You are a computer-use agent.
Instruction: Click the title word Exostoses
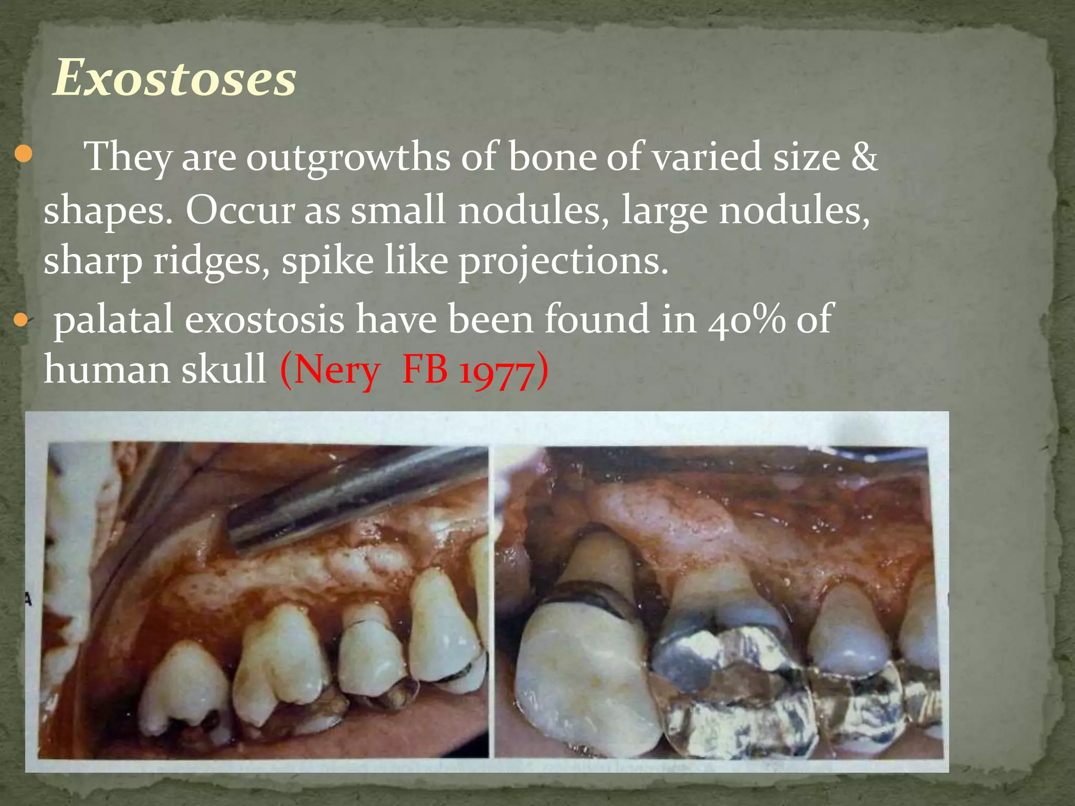click(175, 79)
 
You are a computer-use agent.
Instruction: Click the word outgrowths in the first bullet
click(348, 157)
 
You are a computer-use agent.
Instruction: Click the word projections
click(563, 262)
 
